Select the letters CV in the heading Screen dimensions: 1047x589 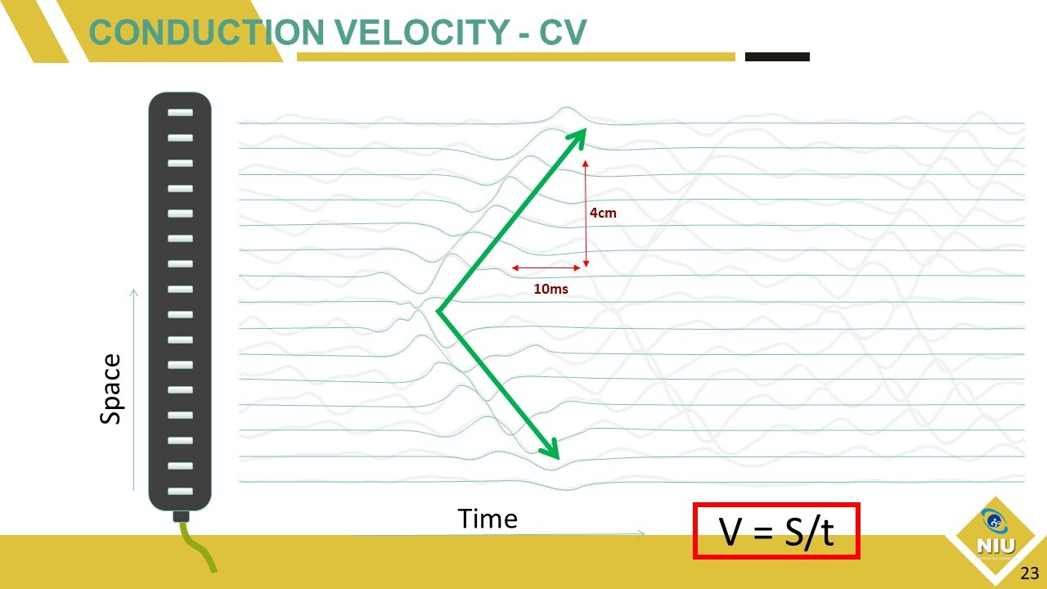click(x=563, y=32)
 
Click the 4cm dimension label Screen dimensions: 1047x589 click(x=603, y=214)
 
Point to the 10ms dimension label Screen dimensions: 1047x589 click(x=550, y=289)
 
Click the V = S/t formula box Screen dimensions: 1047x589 click(x=776, y=531)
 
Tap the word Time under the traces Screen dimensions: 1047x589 click(x=488, y=519)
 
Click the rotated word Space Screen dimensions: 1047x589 click(x=110, y=389)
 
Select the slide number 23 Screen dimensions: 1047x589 click(x=1029, y=573)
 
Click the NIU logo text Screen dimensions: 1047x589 click(x=996, y=546)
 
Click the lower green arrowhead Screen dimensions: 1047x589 click(x=550, y=449)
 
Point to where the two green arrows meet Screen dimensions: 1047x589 click(x=438, y=311)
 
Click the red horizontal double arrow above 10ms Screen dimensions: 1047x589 click(x=546, y=268)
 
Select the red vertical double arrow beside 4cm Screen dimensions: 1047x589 click(x=586, y=214)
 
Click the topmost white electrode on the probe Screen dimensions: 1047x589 click(x=181, y=113)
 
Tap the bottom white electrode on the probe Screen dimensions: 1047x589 click(x=181, y=492)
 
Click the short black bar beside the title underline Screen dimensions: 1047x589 click(x=777, y=56)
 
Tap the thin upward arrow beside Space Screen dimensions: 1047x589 click(x=133, y=390)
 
